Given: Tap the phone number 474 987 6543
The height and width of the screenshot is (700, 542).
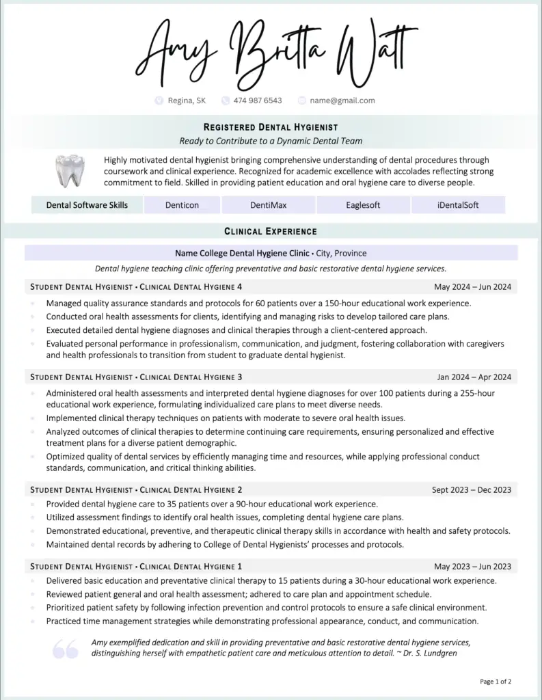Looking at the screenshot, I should (x=257, y=100).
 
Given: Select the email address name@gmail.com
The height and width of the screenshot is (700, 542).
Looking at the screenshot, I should (x=342, y=100).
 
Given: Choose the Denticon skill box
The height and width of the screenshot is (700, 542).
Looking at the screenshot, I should (x=182, y=205).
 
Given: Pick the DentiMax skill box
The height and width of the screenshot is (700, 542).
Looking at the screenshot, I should (x=268, y=205).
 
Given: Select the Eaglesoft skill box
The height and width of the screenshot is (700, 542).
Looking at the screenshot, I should (x=363, y=205).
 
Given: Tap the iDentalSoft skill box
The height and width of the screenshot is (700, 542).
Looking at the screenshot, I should (x=458, y=205).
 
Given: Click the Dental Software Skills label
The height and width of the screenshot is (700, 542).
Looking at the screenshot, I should (x=87, y=205).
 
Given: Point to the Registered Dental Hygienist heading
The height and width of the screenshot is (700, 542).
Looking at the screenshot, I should (x=271, y=127).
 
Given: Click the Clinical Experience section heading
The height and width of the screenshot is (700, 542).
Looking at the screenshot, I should (x=271, y=232).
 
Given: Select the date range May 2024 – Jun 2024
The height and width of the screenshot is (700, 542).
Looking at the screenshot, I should (x=472, y=286).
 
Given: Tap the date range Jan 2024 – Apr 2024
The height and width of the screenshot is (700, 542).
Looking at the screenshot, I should (x=474, y=377).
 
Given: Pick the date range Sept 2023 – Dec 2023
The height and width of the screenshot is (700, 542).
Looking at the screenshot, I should (x=471, y=489).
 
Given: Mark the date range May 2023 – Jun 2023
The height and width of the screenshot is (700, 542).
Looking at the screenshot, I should (x=472, y=566).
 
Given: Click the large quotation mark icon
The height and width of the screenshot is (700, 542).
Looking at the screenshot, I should (x=66, y=649).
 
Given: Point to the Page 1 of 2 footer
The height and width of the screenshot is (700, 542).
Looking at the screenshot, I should (x=496, y=682).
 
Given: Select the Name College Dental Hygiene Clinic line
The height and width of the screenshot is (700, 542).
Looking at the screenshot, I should (x=271, y=253).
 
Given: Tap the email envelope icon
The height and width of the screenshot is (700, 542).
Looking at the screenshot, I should (x=301, y=100).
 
